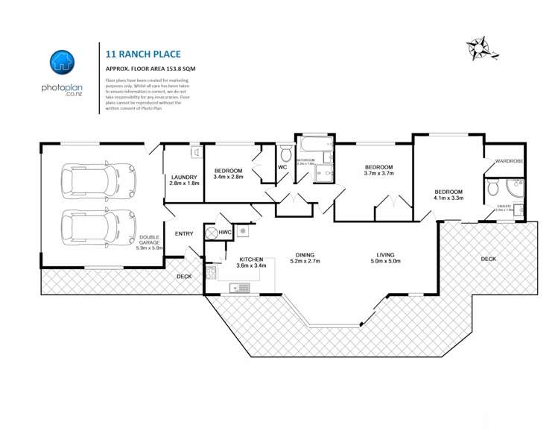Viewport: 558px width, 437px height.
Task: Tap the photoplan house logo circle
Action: pyautogui.click(x=62, y=63)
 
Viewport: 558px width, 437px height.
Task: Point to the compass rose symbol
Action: pyautogui.click(x=478, y=48)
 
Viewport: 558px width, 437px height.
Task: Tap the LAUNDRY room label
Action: pyautogui.click(x=184, y=177)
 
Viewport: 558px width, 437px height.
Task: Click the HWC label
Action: pyautogui.click(x=226, y=232)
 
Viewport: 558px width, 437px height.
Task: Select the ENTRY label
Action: pyautogui.click(x=184, y=234)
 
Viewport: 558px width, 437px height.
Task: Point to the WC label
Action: pyautogui.click(x=282, y=167)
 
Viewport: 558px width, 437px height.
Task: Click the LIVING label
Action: pyautogui.click(x=386, y=253)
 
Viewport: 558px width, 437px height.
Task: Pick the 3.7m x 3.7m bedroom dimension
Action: pyautogui.click(x=378, y=173)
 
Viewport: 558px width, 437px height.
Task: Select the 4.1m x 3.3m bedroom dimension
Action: pyautogui.click(x=449, y=198)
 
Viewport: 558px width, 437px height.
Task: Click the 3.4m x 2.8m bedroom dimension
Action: pyautogui.click(x=229, y=177)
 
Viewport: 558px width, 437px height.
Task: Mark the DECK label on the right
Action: pyautogui.click(x=488, y=259)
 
